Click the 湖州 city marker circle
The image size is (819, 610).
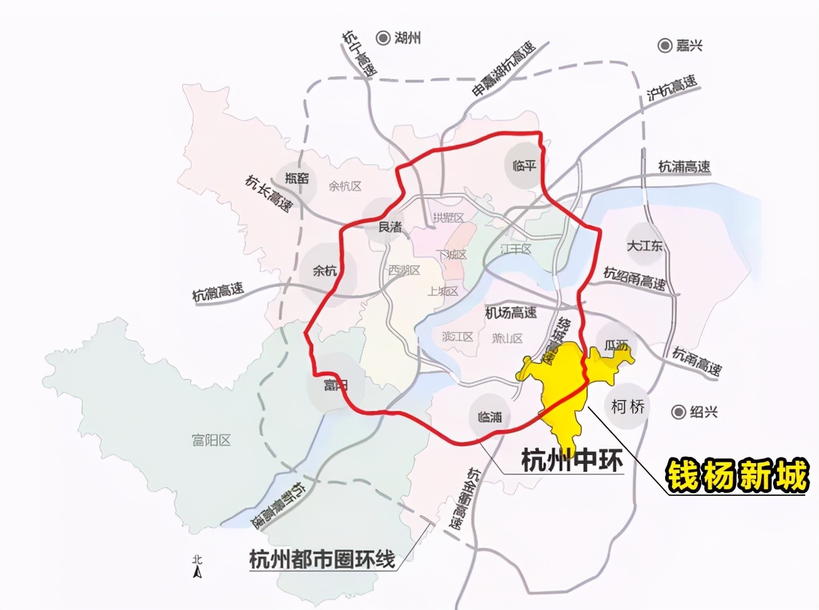[x=382, y=38]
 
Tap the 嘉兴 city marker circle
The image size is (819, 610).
[x=664, y=45]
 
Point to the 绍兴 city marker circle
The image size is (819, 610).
[x=678, y=412]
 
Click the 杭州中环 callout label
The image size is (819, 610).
[x=572, y=460]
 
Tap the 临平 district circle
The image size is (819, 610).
[x=524, y=166]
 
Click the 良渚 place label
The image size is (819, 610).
[x=390, y=227]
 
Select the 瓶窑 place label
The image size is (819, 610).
[x=297, y=178]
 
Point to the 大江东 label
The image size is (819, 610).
[x=644, y=245]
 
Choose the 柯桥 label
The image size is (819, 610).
[x=628, y=407]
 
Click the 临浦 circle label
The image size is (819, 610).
[x=490, y=417]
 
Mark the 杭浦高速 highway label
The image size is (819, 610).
[x=684, y=166]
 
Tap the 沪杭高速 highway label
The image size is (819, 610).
[x=672, y=88]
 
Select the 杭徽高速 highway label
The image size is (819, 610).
[x=218, y=292]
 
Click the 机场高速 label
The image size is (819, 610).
[x=511, y=312]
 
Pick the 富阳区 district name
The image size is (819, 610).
[x=211, y=440]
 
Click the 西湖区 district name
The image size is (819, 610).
[x=404, y=270]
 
